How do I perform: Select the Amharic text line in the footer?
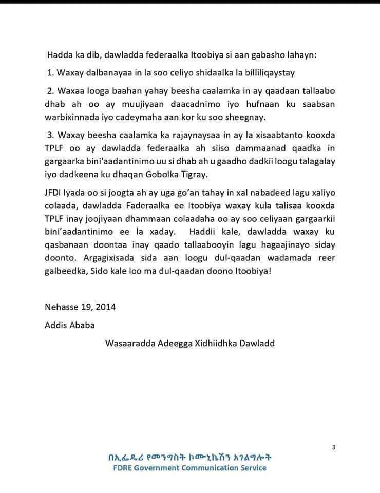pyautogui.click(x=189, y=457)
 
